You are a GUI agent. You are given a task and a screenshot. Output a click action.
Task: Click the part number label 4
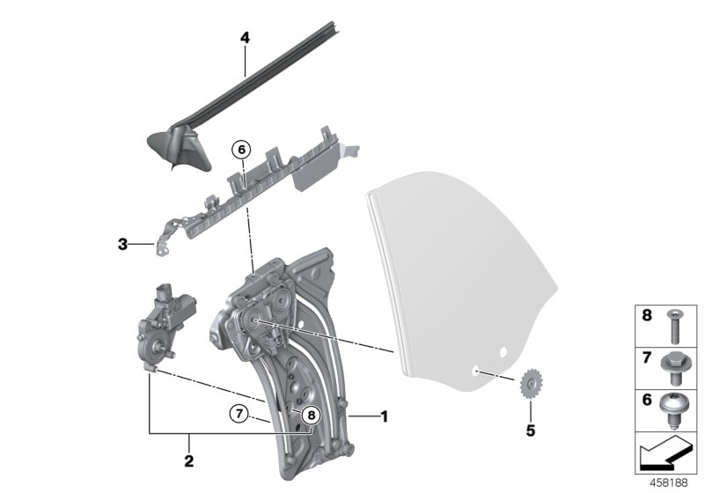(x=245, y=39)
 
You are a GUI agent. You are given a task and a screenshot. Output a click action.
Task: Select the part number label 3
(x=122, y=243)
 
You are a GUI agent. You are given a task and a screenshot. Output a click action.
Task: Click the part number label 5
(x=529, y=430)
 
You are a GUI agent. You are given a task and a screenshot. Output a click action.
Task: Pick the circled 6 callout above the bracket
(x=239, y=151)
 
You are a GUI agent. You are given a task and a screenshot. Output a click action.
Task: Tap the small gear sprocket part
(x=530, y=384)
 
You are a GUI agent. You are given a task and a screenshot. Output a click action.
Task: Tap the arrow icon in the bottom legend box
(x=666, y=456)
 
